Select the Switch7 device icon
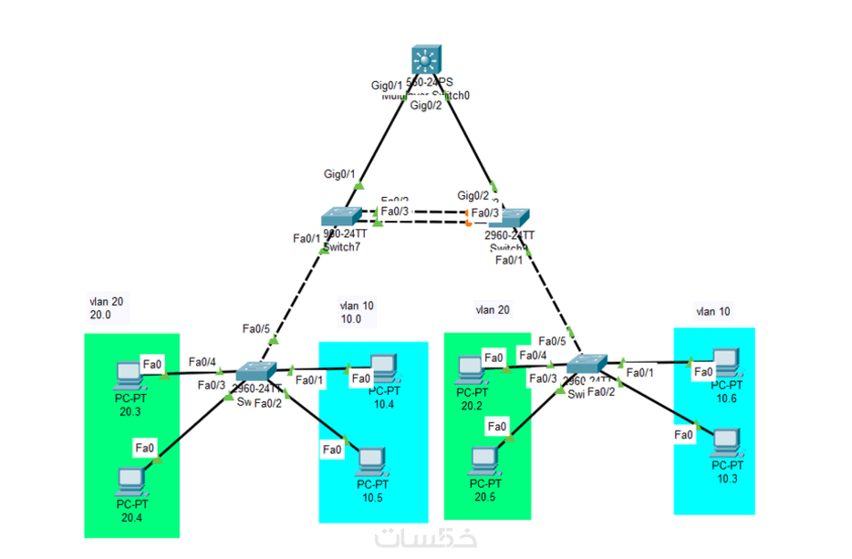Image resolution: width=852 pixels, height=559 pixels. click(343, 217)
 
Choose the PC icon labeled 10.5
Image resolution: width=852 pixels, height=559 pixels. click(370, 461)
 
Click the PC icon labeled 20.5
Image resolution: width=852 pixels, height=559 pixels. click(483, 461)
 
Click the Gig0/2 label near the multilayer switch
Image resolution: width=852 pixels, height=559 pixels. click(426, 106)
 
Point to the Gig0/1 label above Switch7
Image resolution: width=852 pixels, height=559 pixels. click(340, 173)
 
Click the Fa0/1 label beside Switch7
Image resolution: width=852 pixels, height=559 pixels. click(307, 239)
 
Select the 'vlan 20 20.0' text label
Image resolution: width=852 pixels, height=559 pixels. click(99, 307)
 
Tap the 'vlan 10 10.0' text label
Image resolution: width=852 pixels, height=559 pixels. click(357, 312)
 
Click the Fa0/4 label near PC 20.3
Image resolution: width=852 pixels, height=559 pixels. click(203, 362)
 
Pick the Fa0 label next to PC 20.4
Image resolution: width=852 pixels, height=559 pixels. click(144, 447)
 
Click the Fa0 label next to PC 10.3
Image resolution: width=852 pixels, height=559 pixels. click(683, 435)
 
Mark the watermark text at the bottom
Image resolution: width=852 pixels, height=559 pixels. click(425, 539)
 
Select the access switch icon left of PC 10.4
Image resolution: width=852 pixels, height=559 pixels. click(255, 372)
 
